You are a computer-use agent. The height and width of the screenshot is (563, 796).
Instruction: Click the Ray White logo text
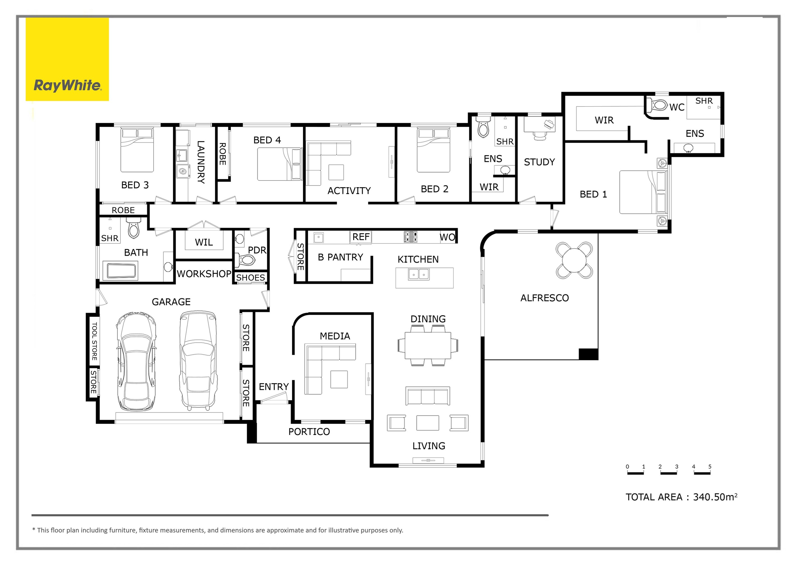pos(67,85)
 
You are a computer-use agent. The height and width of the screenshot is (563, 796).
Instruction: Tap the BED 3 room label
pos(135,185)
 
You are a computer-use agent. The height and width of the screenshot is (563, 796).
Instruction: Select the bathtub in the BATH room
pos(122,271)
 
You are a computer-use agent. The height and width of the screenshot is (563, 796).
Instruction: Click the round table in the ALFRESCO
pos(574,260)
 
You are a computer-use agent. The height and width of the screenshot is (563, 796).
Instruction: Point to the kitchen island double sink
pos(419,275)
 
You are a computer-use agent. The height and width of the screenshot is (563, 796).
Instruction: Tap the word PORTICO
pos(309,432)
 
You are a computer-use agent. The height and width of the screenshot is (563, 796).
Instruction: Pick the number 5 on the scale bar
pos(710,467)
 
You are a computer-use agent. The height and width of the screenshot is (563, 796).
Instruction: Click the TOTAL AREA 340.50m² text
pos(681,497)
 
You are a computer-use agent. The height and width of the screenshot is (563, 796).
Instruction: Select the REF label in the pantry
pos(361,237)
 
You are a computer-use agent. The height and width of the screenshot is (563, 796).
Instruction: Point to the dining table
pos(428,346)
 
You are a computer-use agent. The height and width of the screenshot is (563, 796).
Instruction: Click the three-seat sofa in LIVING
pos(428,396)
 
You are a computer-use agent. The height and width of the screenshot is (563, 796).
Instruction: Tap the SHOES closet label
pos(250,278)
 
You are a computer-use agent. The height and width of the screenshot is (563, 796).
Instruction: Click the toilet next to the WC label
pos(658,105)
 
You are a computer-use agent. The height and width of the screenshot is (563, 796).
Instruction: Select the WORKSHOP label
pos(204,274)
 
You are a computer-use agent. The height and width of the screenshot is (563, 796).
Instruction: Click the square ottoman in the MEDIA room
pos(339,379)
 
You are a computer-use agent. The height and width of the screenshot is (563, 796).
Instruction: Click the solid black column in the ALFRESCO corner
pos(588,354)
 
